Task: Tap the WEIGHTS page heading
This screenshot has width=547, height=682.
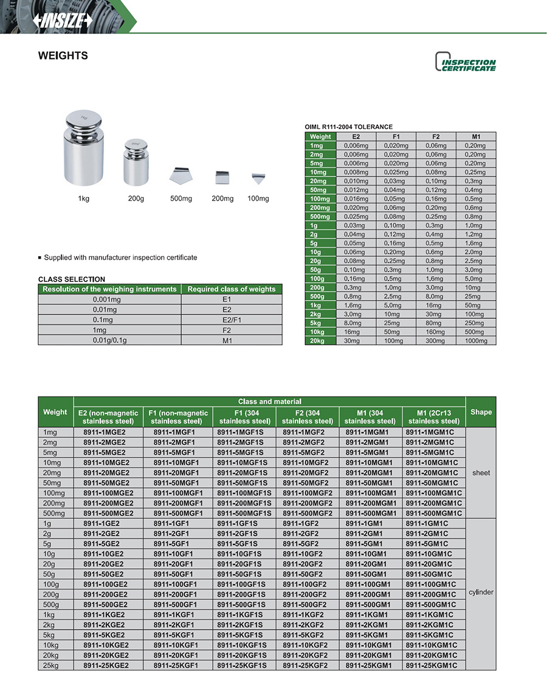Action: click(x=63, y=56)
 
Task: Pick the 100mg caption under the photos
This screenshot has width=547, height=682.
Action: click(x=258, y=199)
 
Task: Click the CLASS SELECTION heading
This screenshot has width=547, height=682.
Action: click(x=72, y=280)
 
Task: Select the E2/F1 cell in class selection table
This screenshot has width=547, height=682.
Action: click(x=232, y=320)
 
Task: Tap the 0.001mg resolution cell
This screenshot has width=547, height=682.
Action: click(x=109, y=299)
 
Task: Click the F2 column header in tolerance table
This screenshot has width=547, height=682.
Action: click(x=436, y=137)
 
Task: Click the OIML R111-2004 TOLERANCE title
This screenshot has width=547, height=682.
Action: click(x=348, y=127)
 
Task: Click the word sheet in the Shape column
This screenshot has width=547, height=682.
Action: click(x=480, y=473)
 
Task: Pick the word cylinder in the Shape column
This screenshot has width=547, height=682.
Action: click(x=481, y=592)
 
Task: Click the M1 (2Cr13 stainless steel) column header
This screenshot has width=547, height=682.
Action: click(x=433, y=417)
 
